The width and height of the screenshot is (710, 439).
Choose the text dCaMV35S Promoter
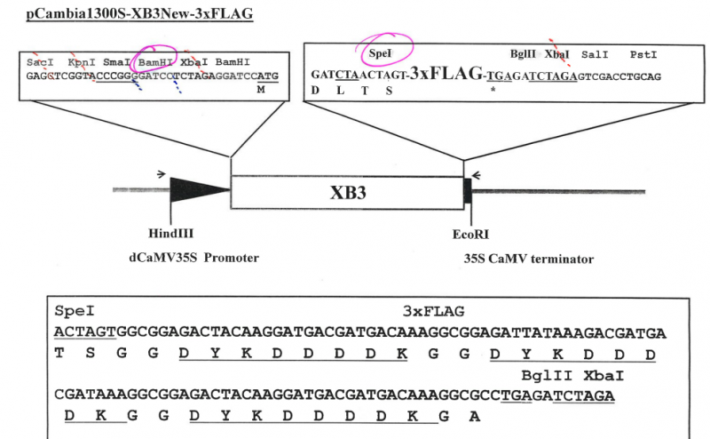click(192, 259)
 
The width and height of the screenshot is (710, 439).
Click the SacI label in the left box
click(39, 63)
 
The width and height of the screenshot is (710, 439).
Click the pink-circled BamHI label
click(155, 63)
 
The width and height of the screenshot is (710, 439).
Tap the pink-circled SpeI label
click(380, 54)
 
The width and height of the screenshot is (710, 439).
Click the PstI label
click(644, 55)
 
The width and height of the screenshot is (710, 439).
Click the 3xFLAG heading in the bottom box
click(433, 312)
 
